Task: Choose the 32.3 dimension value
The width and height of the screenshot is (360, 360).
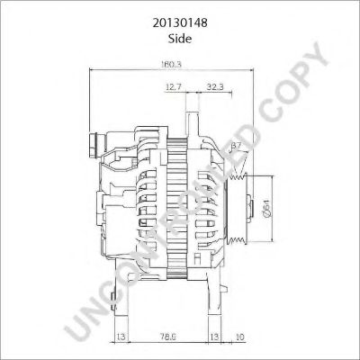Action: (x=215, y=87)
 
